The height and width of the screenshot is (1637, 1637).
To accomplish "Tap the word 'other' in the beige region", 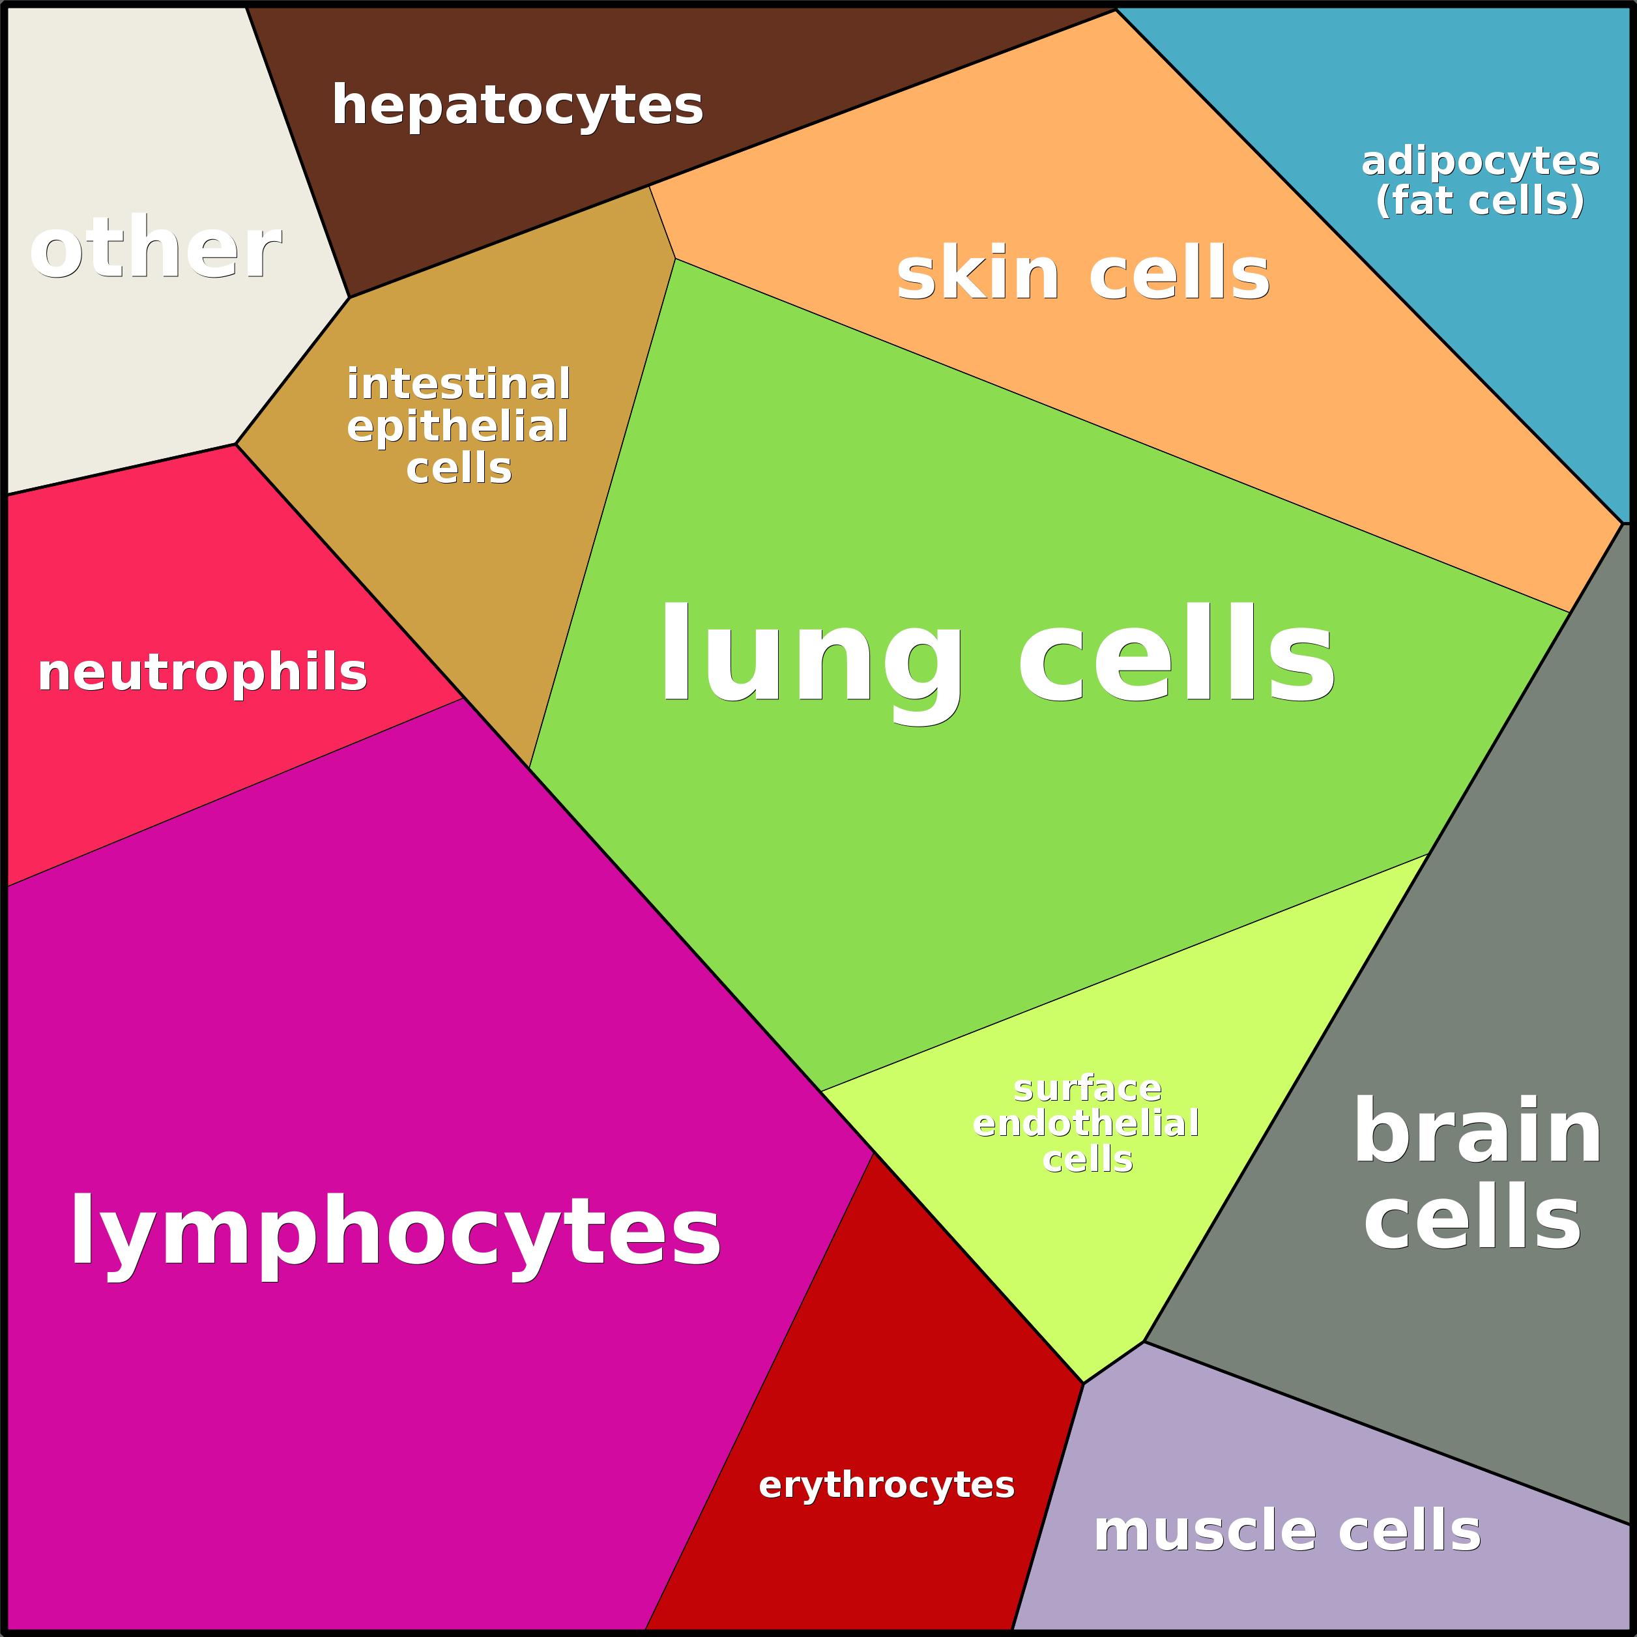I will [155, 248].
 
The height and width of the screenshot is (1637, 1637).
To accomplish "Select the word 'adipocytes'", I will [1479, 162].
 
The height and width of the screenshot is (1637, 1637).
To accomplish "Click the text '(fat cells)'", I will [1479, 201].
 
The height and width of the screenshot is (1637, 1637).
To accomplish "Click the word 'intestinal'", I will [458, 384].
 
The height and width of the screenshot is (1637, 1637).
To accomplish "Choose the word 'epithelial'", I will [457, 426].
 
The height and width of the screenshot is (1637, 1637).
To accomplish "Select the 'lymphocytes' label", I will [395, 1233].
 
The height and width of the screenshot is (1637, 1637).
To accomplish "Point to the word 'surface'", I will [1087, 1088].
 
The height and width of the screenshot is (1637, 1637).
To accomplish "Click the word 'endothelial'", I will [1086, 1123].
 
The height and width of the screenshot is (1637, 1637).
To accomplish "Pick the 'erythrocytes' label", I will [886, 1485].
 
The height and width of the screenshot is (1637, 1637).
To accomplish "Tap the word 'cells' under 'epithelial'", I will [458, 469].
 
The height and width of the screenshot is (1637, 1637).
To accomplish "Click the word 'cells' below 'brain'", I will [1473, 1217].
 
